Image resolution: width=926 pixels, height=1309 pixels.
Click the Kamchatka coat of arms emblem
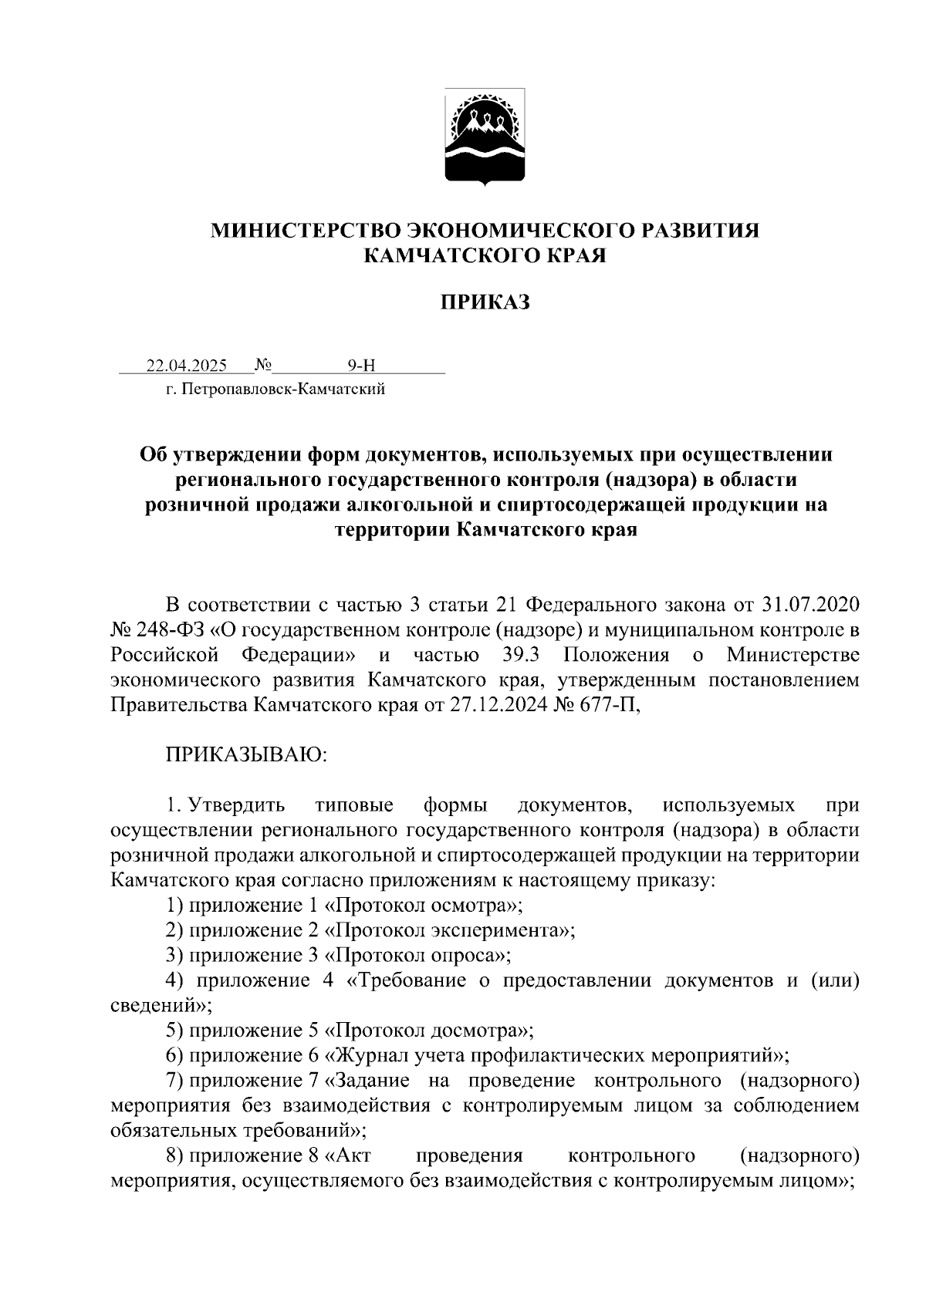pos(485,137)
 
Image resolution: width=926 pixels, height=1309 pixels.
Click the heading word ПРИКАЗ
pos(485,302)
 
